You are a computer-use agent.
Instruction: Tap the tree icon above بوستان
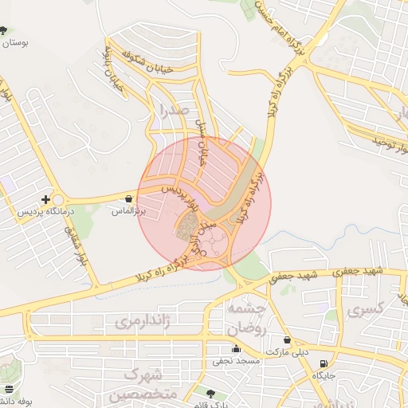pyautogui.click(x=4, y=31)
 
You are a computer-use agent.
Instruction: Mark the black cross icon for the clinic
pyautogui.click(x=46, y=199)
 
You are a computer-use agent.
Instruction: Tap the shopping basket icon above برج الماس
pyautogui.click(x=128, y=198)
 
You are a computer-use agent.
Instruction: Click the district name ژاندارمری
pyautogui.click(x=143, y=321)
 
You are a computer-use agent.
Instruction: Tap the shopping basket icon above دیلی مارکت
pyautogui.click(x=287, y=339)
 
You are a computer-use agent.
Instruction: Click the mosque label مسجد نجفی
pyautogui.click(x=236, y=361)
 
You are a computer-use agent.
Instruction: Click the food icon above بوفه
pyautogui.click(x=8, y=389)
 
